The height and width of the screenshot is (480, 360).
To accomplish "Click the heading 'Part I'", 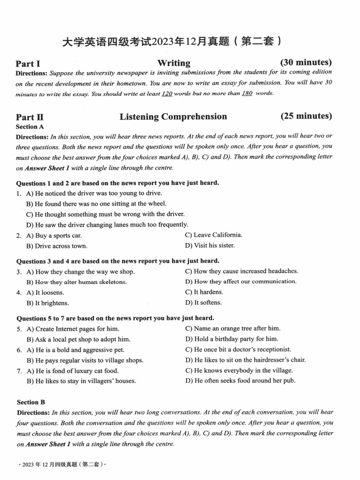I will (x=28, y=64).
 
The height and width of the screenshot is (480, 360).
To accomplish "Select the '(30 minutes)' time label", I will (x=306, y=62).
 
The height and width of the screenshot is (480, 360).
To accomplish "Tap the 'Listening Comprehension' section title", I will (x=173, y=117).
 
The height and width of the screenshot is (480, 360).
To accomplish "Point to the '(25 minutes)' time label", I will (x=306, y=116).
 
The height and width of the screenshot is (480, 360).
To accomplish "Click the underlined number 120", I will (x=167, y=93).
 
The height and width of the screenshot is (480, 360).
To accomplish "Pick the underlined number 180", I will (x=247, y=93).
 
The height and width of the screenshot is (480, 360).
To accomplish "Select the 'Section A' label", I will (x=30, y=127).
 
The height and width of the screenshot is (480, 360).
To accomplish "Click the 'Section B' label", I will (x=31, y=402).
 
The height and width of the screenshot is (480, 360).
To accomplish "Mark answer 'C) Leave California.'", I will (x=213, y=235).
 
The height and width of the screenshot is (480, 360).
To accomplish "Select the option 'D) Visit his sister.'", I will (x=210, y=245).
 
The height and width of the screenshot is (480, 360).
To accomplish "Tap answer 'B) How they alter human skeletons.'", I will (x=76, y=282).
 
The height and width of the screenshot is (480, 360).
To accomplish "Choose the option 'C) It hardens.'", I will (x=204, y=292).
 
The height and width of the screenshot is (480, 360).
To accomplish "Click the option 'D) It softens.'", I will (x=203, y=302).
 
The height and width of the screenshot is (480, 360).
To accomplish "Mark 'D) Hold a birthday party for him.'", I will (x=232, y=339).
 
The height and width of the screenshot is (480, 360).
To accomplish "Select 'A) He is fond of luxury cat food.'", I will (x=72, y=371).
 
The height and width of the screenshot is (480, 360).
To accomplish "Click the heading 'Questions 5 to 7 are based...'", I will (x=115, y=318).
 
